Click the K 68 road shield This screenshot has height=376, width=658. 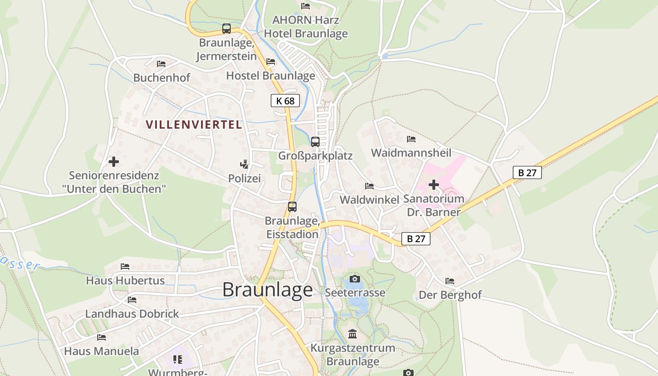[285, 101]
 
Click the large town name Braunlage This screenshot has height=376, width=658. [267, 290]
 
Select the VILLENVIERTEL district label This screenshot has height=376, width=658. [194, 125]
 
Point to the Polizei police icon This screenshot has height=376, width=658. [244, 164]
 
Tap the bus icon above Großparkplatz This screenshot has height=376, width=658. [315, 141]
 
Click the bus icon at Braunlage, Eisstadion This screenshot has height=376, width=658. [292, 206]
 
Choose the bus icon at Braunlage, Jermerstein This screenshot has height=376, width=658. [227, 29]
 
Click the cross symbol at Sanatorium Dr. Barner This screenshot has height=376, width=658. [434, 185]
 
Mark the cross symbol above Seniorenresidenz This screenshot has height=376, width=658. [114, 162]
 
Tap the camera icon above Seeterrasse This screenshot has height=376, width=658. [355, 279]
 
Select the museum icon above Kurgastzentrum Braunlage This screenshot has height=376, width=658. [352, 334]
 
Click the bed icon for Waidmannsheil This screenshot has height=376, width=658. [411, 139]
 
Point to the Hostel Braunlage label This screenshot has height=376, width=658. [271, 76]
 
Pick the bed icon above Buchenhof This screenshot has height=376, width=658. [161, 63]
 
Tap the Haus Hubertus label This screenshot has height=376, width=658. [125, 281]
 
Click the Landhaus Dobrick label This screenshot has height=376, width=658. [132, 313]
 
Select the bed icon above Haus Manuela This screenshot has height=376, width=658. [102, 337]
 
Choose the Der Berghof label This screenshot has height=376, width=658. [450, 295]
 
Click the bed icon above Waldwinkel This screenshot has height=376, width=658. [369, 186]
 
